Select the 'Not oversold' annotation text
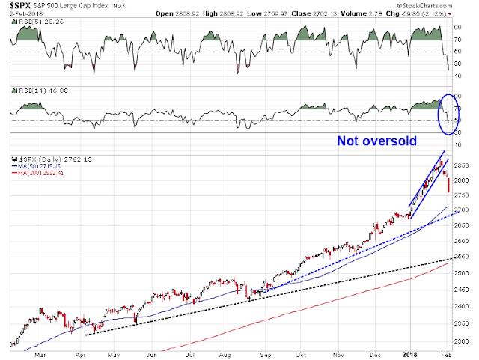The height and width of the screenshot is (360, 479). click(x=377, y=140)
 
